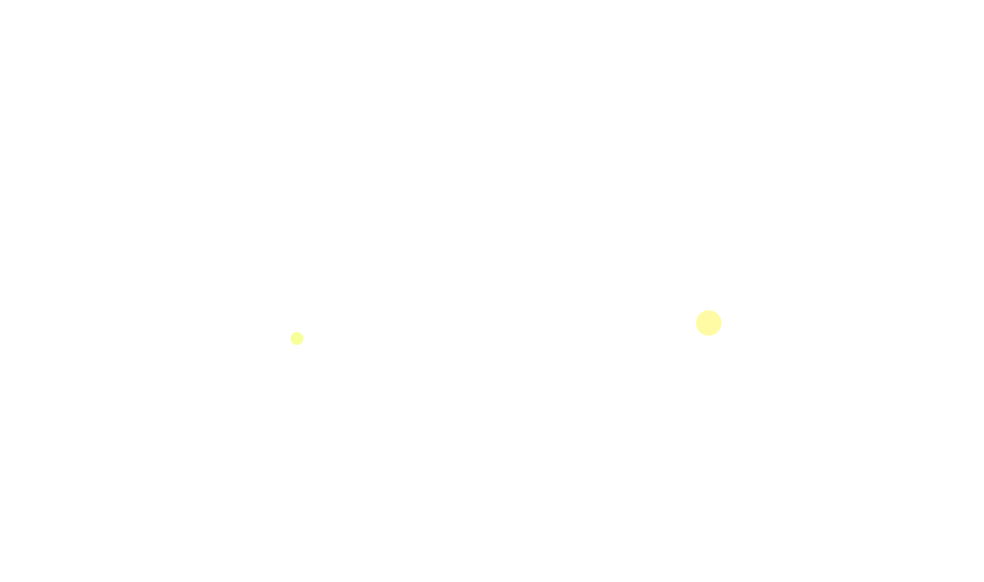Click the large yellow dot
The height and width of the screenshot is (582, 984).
click(x=709, y=323)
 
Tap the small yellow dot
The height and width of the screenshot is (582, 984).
click(x=297, y=339)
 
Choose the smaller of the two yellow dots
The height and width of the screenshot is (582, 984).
click(x=297, y=339)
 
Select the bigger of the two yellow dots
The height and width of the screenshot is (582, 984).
click(x=709, y=323)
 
